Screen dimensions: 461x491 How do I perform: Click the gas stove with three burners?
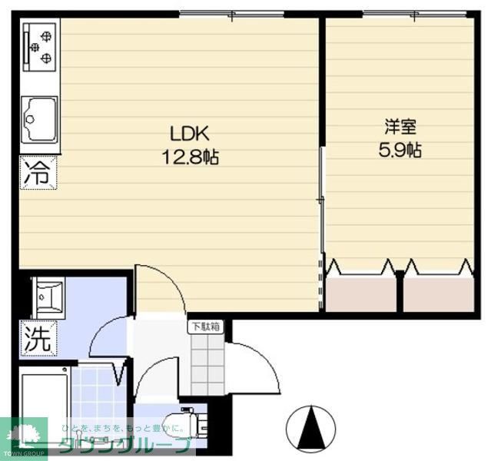(x=40, y=47)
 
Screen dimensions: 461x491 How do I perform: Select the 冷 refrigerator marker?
(x=37, y=172)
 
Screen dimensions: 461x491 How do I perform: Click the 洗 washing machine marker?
(x=38, y=340)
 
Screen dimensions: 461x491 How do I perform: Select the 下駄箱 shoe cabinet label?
(x=205, y=326)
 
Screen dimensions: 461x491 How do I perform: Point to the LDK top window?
(x=231, y=13)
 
